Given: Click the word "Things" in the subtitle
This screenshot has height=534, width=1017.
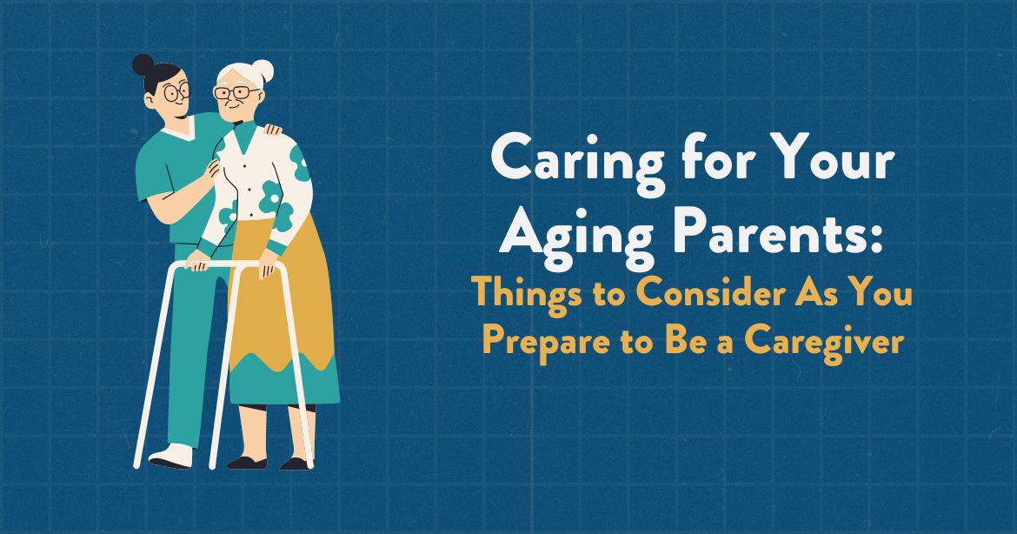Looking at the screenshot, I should click(524, 296).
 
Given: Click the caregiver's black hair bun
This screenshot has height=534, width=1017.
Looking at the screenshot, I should click(143, 65).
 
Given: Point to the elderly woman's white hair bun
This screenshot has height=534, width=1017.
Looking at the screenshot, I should click(262, 70).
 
